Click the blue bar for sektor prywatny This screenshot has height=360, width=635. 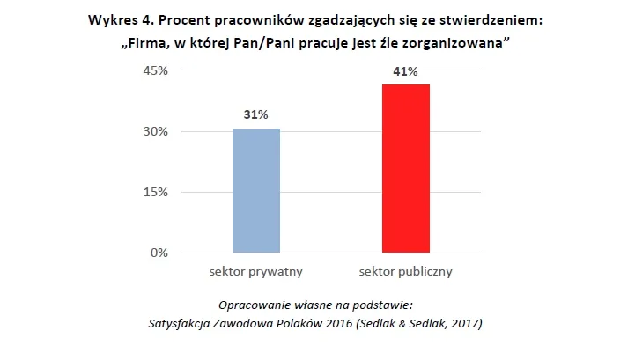coord(256,191)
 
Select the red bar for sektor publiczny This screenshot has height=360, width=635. coord(405,169)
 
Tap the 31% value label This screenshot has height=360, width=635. coord(256,114)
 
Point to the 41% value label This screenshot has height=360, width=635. coord(405,72)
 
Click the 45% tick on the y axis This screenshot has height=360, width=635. coord(155,71)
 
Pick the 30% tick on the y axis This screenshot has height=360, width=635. coord(155,132)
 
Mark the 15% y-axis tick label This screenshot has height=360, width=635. coord(155,193)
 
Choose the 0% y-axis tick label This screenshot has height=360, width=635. coord(159,253)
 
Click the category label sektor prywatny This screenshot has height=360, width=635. coord(256,271)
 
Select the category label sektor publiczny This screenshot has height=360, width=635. coord(405,271)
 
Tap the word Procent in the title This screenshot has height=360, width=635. coord(186,21)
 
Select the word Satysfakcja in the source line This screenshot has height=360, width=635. coord(185,322)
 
